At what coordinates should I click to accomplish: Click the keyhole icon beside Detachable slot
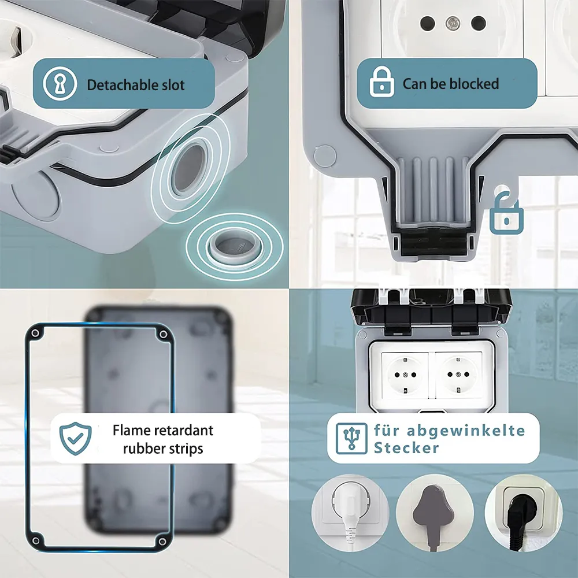tap(60, 84)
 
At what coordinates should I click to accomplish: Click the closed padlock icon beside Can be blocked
tap(381, 82)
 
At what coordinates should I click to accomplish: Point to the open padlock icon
tap(506, 213)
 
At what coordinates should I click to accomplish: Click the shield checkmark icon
tap(76, 439)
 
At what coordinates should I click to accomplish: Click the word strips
tap(186, 449)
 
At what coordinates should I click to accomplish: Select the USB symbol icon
tap(351, 438)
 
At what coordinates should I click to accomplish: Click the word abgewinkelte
tap(466, 430)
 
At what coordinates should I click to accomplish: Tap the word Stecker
tap(406, 448)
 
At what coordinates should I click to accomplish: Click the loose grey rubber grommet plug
tap(235, 246)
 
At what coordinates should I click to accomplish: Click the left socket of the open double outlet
tap(405, 375)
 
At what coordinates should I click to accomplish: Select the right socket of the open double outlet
tap(458, 375)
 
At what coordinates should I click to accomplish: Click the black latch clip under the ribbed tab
tap(433, 242)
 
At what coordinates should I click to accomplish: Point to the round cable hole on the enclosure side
tap(190, 169)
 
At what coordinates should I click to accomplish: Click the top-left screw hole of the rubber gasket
tap(36, 334)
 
